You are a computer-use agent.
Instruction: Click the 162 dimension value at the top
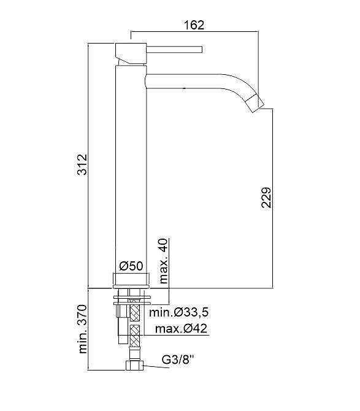tap(194, 25)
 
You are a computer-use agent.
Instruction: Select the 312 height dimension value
tap(82, 164)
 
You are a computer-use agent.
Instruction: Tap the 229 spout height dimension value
tap(266, 198)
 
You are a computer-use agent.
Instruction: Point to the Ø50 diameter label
tap(131, 266)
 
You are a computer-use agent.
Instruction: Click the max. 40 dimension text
tap(163, 261)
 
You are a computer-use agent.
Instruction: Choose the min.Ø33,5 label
tap(179, 312)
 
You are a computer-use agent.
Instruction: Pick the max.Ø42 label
tap(182, 328)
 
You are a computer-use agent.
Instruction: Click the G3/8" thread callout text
tap(178, 359)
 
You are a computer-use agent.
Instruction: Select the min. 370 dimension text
tap(82, 329)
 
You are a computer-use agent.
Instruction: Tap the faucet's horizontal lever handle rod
tap(174, 50)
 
